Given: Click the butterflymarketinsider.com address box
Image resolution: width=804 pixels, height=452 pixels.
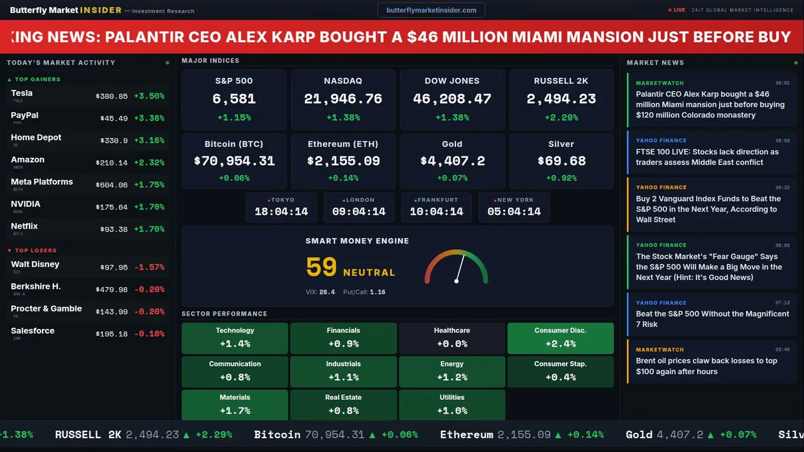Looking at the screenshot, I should tap(431, 10).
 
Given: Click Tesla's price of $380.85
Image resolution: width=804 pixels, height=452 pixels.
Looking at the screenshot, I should tap(112, 96).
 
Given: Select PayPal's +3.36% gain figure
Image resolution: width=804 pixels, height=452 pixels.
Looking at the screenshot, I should tap(149, 119).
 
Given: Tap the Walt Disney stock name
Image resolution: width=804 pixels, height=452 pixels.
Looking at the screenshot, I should tap(35, 264).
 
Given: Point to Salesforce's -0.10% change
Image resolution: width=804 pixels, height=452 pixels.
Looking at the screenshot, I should tap(149, 334).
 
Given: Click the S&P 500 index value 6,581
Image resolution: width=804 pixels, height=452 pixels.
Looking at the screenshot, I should tap(234, 99).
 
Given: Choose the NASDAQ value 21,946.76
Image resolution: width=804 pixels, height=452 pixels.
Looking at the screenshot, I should tap(343, 99).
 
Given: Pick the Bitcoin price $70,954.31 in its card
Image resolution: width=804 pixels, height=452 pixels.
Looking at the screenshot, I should tap(234, 161).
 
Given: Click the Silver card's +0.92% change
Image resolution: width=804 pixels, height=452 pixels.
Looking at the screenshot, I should tap(561, 178).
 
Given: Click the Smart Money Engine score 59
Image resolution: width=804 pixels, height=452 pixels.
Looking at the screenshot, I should tap(322, 267).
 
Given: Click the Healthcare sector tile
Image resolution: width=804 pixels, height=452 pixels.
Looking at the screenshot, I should tap(452, 338).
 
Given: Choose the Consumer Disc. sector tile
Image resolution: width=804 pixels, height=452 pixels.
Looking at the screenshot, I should tap(560, 338).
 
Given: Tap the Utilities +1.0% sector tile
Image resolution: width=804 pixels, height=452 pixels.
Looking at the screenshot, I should tap(452, 405).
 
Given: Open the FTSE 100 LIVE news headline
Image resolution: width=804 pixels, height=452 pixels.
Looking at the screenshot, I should tap(707, 157).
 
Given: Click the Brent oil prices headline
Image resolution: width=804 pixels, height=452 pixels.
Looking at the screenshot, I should tap(707, 366).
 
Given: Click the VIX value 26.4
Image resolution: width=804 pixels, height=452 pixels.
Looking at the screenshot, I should tap(327, 292).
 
